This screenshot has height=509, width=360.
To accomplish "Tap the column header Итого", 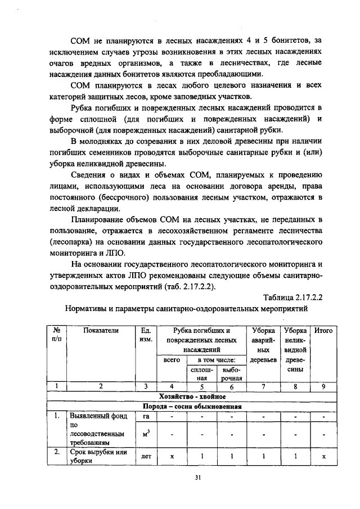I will click(323, 331).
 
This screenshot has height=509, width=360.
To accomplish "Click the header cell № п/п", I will click(57, 336).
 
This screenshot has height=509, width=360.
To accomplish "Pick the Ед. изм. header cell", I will click(146, 336).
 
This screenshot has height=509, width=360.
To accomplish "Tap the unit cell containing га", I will click(146, 417).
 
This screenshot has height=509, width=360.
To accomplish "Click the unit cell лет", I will click(146, 457).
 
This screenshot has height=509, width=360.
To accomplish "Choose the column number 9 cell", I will click(323, 387).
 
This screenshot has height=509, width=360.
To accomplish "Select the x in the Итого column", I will click(323, 457).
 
